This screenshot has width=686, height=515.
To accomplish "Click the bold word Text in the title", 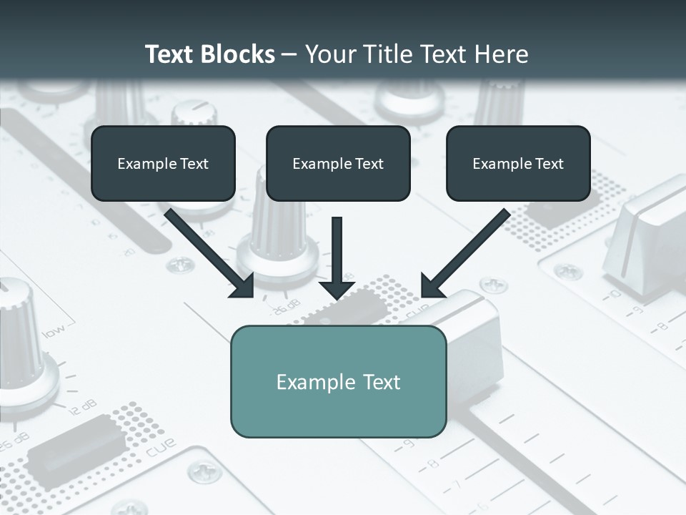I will [169, 54].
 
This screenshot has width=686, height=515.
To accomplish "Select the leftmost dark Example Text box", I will [163, 163].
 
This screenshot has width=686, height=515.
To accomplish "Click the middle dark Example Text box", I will [338, 163].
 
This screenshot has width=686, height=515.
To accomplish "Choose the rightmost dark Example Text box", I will [518, 163].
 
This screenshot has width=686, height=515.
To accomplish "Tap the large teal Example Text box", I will [338, 381].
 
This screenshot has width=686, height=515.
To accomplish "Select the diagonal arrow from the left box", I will [211, 254].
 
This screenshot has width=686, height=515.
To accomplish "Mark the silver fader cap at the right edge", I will [647, 240].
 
